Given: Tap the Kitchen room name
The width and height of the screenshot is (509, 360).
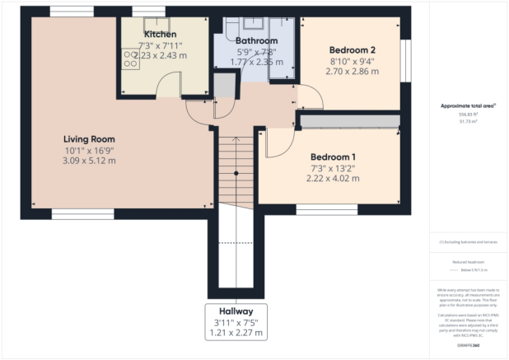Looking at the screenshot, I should tap(161, 34).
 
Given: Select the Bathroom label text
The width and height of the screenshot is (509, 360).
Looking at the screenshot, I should tap(256, 40).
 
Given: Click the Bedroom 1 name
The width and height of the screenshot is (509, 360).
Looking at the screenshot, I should tap(333, 157).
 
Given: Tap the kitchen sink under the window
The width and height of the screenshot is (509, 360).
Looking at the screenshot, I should tap(153, 23).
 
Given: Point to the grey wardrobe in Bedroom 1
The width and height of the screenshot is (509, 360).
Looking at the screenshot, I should tap(349, 121).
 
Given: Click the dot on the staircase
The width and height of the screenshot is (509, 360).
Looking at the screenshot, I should tap(236, 173).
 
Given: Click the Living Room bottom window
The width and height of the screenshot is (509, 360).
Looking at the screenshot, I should tap(82, 213).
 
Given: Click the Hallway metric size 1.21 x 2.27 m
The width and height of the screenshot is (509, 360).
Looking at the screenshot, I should tap(236, 333).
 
